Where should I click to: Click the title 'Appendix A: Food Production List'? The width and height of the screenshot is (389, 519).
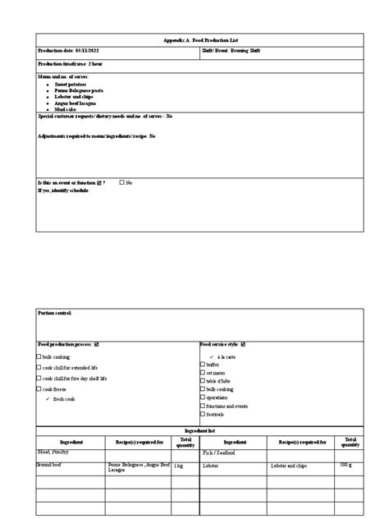point(197,39)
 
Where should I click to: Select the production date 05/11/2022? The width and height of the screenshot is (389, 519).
point(66,51)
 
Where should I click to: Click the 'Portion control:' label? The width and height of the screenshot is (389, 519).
point(55,313)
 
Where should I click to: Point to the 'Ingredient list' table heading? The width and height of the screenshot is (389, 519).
point(197,431)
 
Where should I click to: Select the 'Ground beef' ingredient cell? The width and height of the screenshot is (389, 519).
point(51,465)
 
